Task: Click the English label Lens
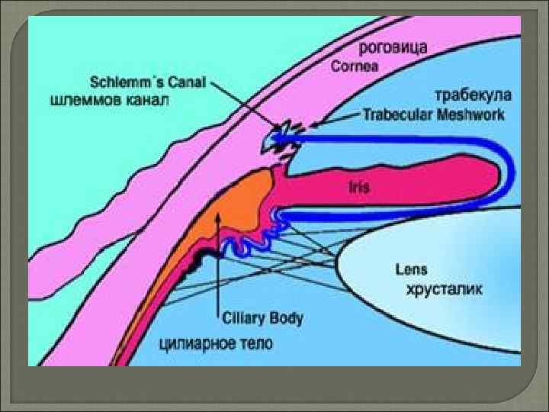pyautogui.click(x=412, y=269)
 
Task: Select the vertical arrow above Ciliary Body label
pyautogui.click(x=220, y=259)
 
